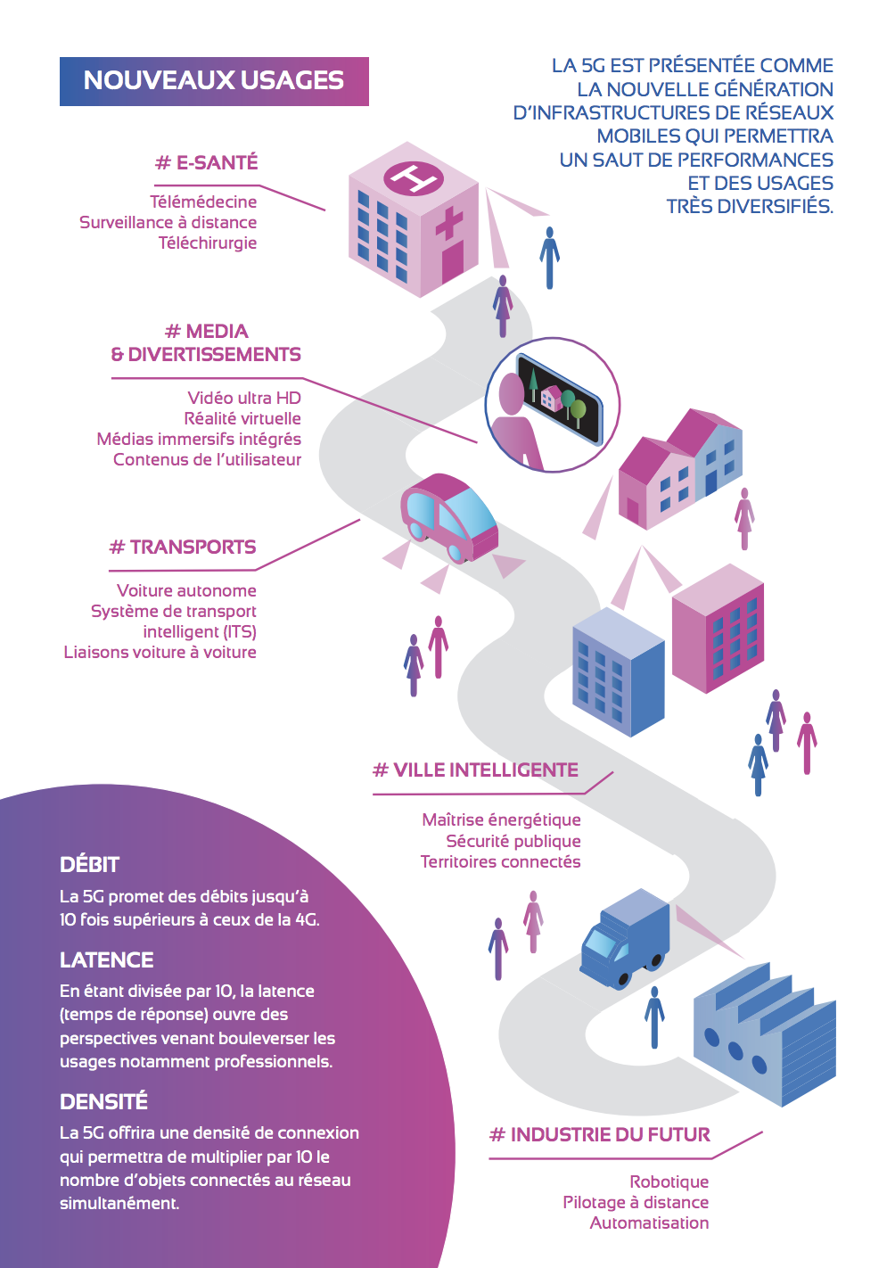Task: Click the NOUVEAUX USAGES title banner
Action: point(214,81)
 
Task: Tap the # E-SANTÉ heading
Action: point(207,162)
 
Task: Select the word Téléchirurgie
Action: point(208,243)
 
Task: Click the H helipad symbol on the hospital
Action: point(414,178)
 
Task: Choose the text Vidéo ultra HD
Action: point(244,398)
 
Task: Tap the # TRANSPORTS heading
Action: point(183,547)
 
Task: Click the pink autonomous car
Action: point(448,518)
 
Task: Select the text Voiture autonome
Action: point(186,590)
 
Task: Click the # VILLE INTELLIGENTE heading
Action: point(476,770)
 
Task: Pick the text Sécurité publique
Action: point(513,841)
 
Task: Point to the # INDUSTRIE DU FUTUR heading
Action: point(600,1134)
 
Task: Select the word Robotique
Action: point(669,1182)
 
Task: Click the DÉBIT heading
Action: point(89,864)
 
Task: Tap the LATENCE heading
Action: point(107,959)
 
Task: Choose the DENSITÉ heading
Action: point(103,1101)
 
